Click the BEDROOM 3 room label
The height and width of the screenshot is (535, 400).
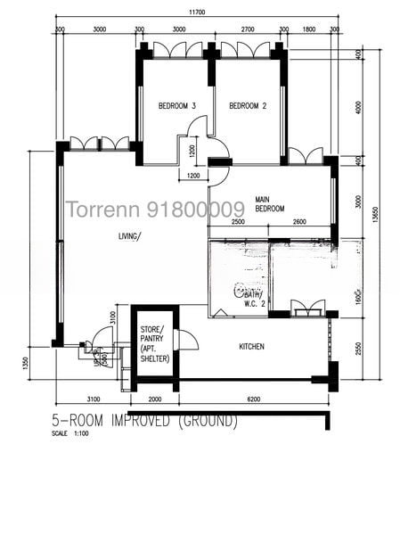(176, 106)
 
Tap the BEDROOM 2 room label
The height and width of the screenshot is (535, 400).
(248, 106)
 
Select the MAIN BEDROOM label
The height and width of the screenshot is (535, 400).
(269, 203)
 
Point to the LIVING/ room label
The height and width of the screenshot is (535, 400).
(130, 236)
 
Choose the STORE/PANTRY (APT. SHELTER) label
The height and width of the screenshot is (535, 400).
(154, 345)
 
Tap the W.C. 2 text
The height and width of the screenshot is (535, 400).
(256, 302)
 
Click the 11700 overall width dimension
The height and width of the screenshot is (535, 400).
(196, 12)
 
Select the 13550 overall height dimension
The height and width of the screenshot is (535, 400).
(384, 216)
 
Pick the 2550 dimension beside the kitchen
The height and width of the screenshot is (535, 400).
(357, 348)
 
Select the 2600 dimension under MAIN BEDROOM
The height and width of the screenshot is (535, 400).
(298, 221)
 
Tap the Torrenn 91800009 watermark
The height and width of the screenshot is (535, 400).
(155, 210)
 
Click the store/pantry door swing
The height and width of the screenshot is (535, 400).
(187, 340)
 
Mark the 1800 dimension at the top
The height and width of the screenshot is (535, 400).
(308, 29)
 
